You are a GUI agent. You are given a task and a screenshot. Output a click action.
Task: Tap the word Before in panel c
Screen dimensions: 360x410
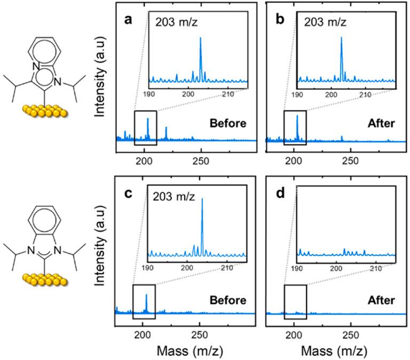click(x=228, y=300)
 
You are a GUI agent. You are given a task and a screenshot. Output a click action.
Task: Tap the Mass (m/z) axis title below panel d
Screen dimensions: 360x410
click(x=330, y=351)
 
